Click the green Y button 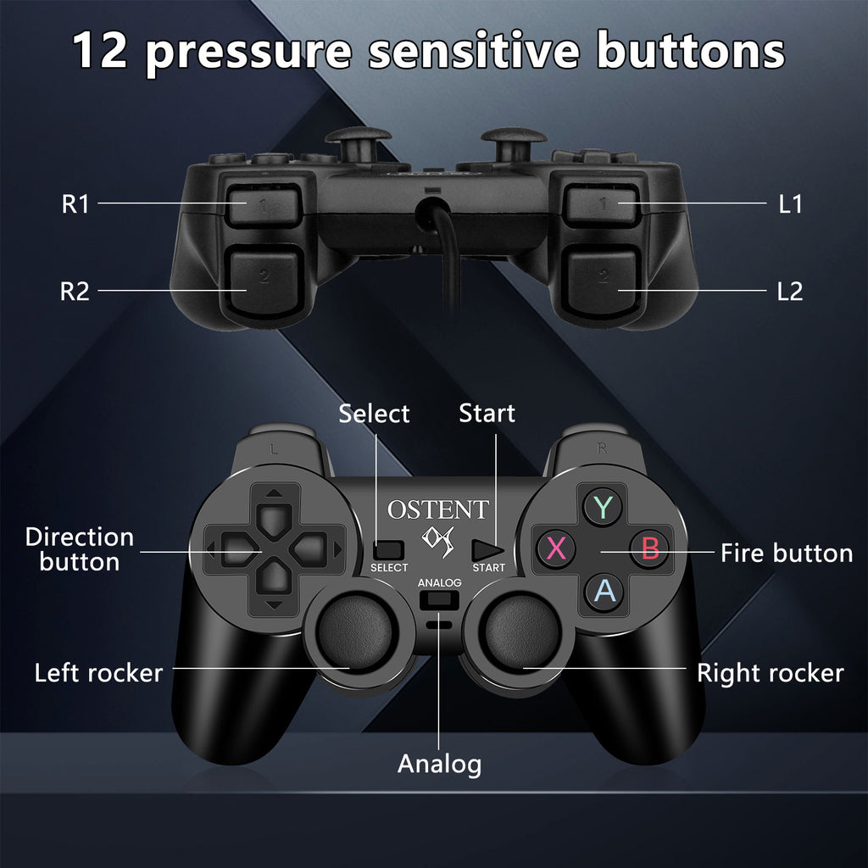point(603,507)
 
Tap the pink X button point(556,548)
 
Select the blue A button point(604,590)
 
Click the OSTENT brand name point(437,509)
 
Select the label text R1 point(75,204)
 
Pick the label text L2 point(789,292)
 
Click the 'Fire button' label point(787,554)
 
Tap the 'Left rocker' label point(98,673)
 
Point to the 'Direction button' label point(80,549)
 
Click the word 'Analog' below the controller point(439,764)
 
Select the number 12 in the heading point(101,51)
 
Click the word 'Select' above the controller point(374,414)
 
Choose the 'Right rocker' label point(770,673)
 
